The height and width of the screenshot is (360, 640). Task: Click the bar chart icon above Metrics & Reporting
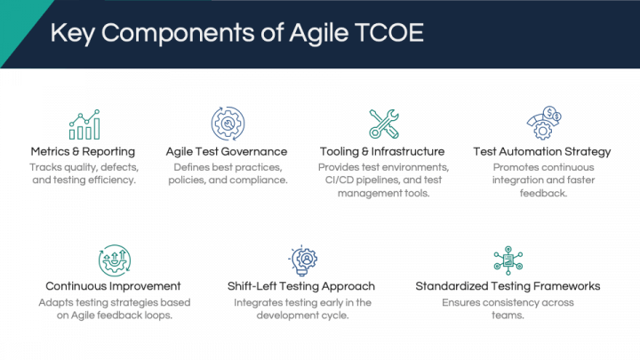tap(84, 124)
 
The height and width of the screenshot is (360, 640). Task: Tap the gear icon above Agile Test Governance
tap(228, 124)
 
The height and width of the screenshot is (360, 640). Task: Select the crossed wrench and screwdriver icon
tap(384, 124)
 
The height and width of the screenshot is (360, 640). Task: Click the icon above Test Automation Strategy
tap(544, 123)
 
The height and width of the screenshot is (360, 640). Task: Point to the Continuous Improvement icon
tap(115, 260)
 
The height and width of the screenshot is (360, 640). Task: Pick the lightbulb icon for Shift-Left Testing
tap(302, 260)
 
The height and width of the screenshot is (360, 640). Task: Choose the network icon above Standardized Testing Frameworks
tap(508, 260)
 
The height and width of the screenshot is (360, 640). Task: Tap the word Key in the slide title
tap(73, 34)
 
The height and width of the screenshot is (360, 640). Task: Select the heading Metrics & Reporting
tap(83, 151)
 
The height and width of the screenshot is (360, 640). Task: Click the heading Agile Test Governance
tap(227, 151)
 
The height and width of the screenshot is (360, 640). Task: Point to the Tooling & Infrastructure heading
tap(382, 151)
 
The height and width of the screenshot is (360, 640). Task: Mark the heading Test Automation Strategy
tap(542, 151)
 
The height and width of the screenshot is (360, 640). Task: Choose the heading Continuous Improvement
tap(113, 286)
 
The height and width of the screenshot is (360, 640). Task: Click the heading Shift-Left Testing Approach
tap(301, 286)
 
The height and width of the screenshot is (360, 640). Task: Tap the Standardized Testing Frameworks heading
tap(508, 286)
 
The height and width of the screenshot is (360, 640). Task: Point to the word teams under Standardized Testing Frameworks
tap(508, 315)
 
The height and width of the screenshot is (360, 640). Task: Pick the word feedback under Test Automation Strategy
tap(543, 193)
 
